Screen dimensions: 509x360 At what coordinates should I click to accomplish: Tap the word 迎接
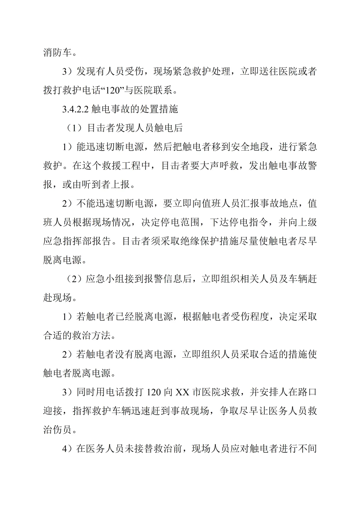point(53,411)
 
